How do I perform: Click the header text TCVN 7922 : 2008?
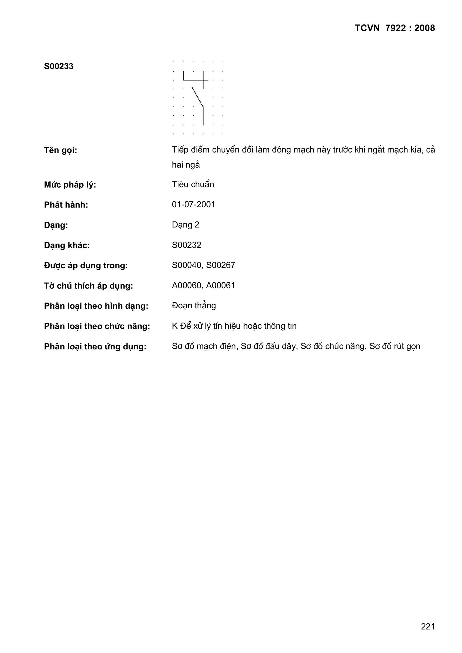tap(395, 28)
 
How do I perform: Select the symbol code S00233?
tap(59, 66)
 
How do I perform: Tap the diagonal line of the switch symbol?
tap(197, 97)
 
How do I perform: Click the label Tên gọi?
tap(61, 150)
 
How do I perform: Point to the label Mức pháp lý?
tap(70, 185)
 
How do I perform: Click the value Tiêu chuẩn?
tap(193, 184)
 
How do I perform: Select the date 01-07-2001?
tap(194, 204)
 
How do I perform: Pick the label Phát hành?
tap(66, 205)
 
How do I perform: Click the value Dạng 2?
tap(185, 225)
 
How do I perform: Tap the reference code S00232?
tap(187, 245)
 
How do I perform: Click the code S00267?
tap(221, 265)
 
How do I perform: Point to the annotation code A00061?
tap(221, 285)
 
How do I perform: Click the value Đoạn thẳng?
tap(194, 306)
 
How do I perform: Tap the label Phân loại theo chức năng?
tap(97, 326)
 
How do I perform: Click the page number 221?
tap(428, 626)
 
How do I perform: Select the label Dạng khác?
tap(67, 245)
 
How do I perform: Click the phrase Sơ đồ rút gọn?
tap(395, 346)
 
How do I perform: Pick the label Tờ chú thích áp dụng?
tap(89, 286)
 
